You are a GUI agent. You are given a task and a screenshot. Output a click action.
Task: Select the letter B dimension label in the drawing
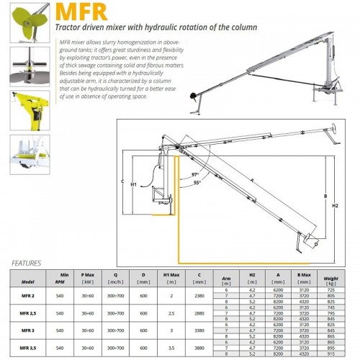click(x=326, y=196)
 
